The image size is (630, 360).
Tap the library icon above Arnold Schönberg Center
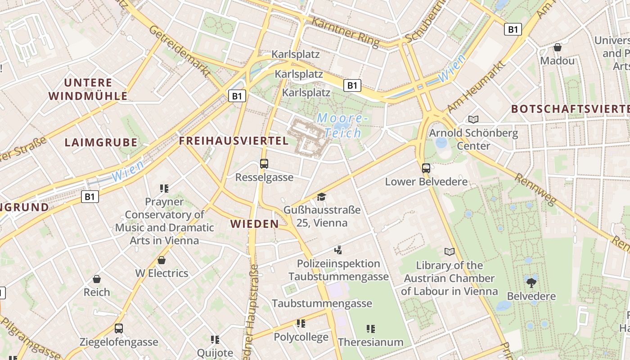click(473, 119)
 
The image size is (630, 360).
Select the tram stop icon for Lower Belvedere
click(426, 168)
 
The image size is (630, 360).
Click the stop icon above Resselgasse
click(264, 164)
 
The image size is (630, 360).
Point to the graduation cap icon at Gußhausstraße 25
click(321, 197)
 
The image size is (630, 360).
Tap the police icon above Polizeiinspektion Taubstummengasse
click(338, 250)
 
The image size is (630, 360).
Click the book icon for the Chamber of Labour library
click(449, 252)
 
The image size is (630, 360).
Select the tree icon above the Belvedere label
click(531, 283)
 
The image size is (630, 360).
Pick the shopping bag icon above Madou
click(558, 47)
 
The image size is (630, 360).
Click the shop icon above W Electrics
click(162, 260)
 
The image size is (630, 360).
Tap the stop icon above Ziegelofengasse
click(119, 328)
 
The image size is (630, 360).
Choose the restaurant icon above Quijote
click(215, 339)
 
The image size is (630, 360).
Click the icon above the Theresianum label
click(370, 329)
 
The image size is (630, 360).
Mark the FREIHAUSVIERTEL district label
click(234, 141)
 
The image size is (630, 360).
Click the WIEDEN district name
click(254, 224)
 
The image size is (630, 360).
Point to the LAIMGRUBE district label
click(101, 143)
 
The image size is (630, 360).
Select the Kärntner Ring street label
click(345, 32)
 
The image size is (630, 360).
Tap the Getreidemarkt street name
click(179, 51)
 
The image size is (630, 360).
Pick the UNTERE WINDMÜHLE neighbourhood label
click(88, 89)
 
